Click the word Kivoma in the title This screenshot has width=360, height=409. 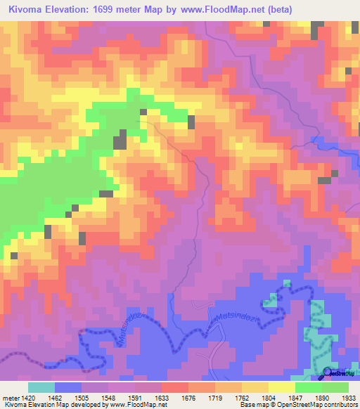pyautogui.click(x=28, y=9)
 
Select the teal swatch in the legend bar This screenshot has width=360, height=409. pyautogui.click(x=41, y=387)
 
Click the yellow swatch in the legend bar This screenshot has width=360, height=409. pyautogui.click(x=281, y=387)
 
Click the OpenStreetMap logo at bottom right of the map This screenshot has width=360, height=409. pyautogui.click(x=337, y=373)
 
